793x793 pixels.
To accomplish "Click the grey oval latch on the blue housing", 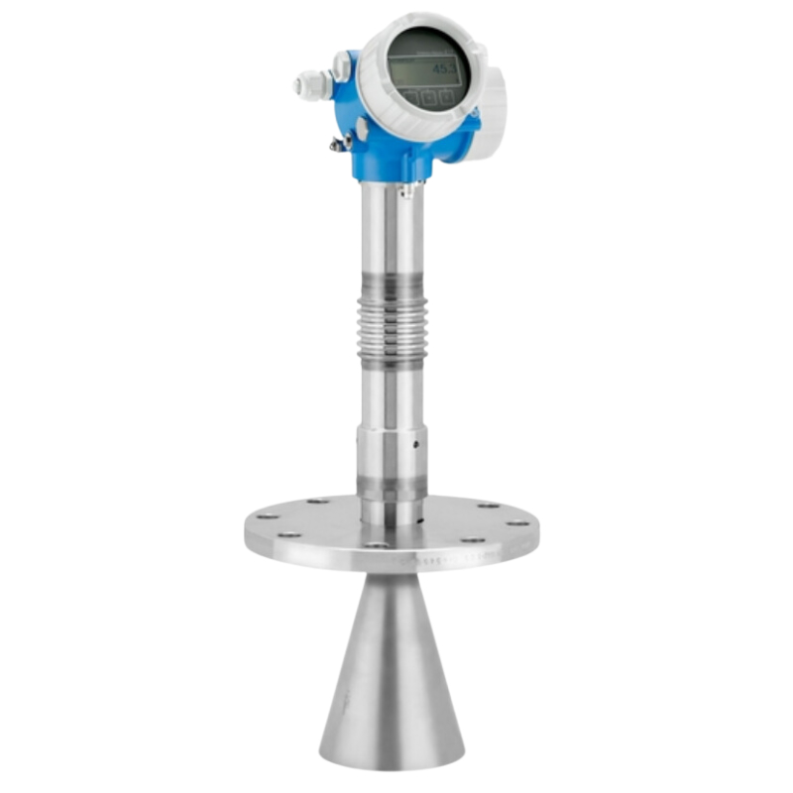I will (x=363, y=129).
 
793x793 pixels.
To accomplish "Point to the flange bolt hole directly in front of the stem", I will (x=377, y=545).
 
